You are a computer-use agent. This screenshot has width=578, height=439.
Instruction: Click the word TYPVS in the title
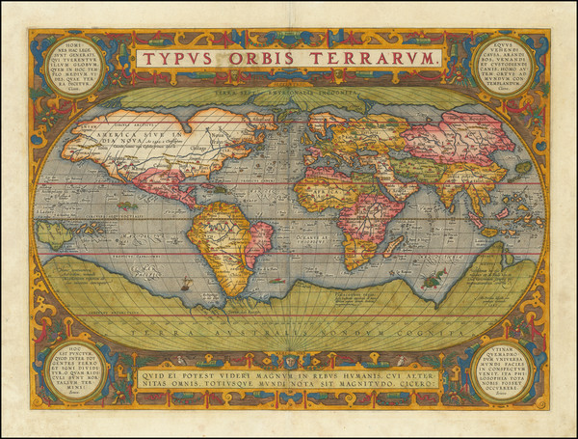pyautogui.click(x=179, y=58)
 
